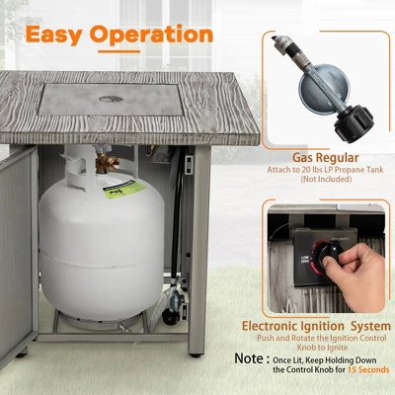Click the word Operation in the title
[x=151, y=35]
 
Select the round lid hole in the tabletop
[x=112, y=101]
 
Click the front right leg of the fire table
[x=197, y=296]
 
